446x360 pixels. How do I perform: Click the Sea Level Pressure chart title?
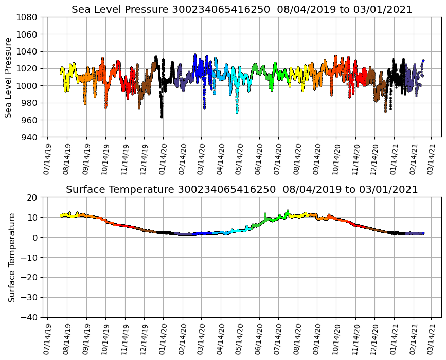[x=242, y=10]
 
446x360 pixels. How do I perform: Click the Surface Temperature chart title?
[x=242, y=190]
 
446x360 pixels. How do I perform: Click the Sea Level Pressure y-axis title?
[x=9, y=77]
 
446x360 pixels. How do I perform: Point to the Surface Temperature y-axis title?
[x=11, y=257]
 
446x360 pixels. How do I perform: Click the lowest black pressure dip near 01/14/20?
[x=162, y=117]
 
